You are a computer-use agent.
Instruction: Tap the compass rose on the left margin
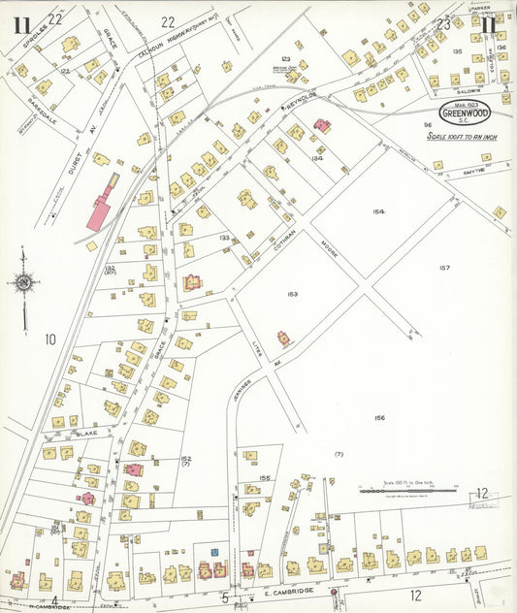[22, 282]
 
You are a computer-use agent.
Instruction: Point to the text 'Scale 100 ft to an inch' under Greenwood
[463, 136]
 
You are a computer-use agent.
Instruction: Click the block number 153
[292, 294]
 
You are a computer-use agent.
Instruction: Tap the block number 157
[444, 268]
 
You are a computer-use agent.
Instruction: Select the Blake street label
[87, 434]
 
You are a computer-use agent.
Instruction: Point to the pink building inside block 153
[284, 339]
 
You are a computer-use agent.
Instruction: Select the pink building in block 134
[322, 126]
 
